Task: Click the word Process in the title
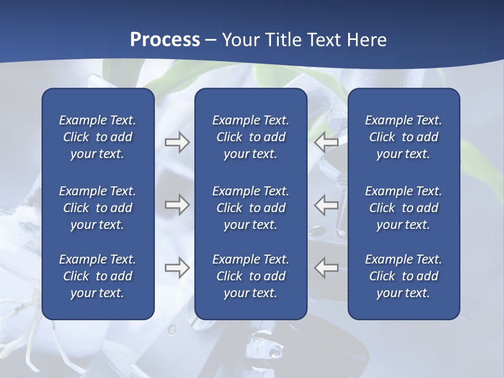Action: pos(165,40)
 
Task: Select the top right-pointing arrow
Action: pos(177,142)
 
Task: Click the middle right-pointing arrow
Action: pos(177,204)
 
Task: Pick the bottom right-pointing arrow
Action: pos(177,268)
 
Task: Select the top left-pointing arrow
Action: pos(327,142)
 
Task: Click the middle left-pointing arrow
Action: pos(327,204)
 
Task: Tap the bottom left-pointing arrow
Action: pos(327,268)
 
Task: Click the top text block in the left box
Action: pos(98,137)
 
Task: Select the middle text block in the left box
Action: pos(98,208)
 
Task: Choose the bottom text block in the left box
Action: pos(98,276)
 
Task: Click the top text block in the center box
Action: pos(250,137)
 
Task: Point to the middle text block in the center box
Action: pos(250,208)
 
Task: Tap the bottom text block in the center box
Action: pos(250,276)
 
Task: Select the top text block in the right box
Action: pos(403,137)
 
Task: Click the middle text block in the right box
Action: pos(403,208)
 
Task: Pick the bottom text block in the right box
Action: pos(403,276)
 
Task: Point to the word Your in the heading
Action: pos(240,40)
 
